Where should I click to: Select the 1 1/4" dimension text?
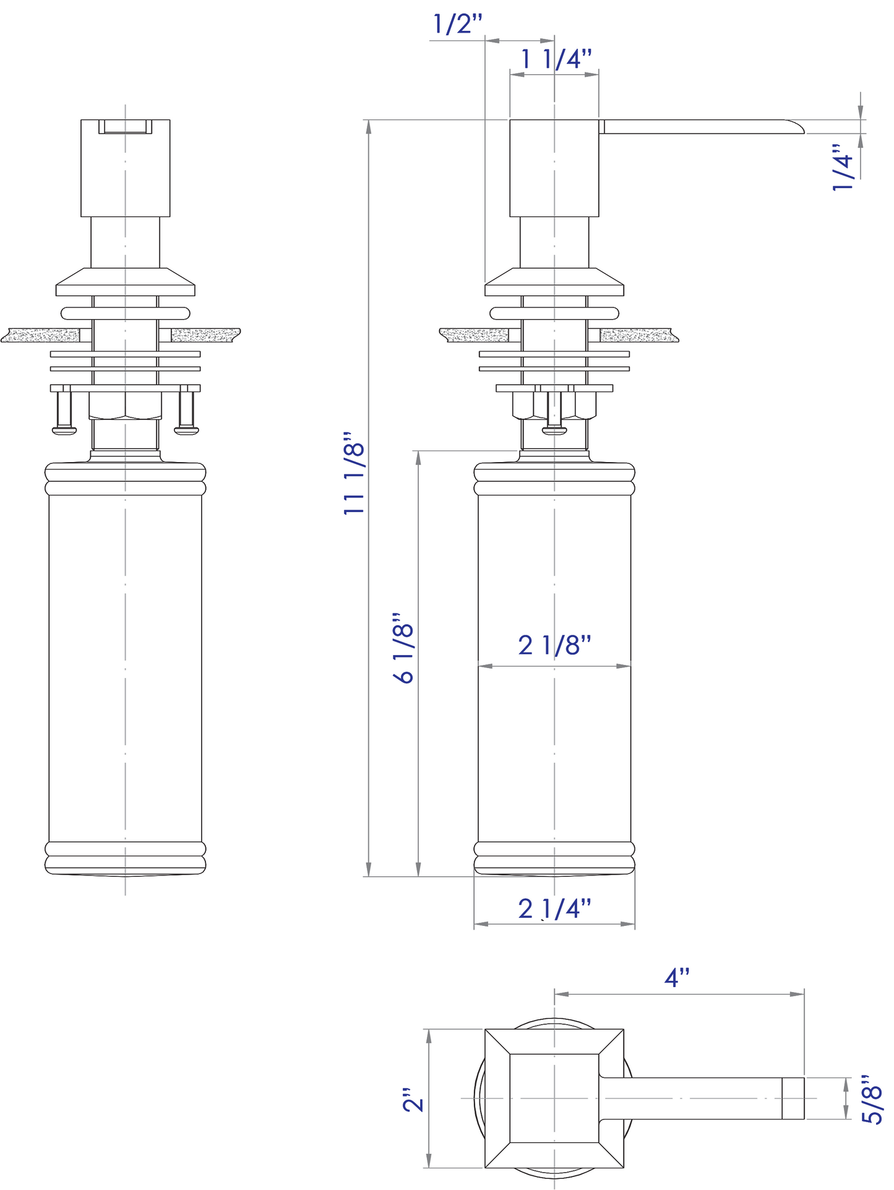556,59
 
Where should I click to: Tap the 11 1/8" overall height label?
355,474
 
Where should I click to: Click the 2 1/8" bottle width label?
554,645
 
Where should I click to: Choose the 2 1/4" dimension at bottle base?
554,909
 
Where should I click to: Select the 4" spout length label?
677,978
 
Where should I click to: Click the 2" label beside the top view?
413,1099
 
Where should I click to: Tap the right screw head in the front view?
187,429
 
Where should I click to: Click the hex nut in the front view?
125,406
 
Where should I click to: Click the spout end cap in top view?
793,1098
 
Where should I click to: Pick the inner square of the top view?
554,1098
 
